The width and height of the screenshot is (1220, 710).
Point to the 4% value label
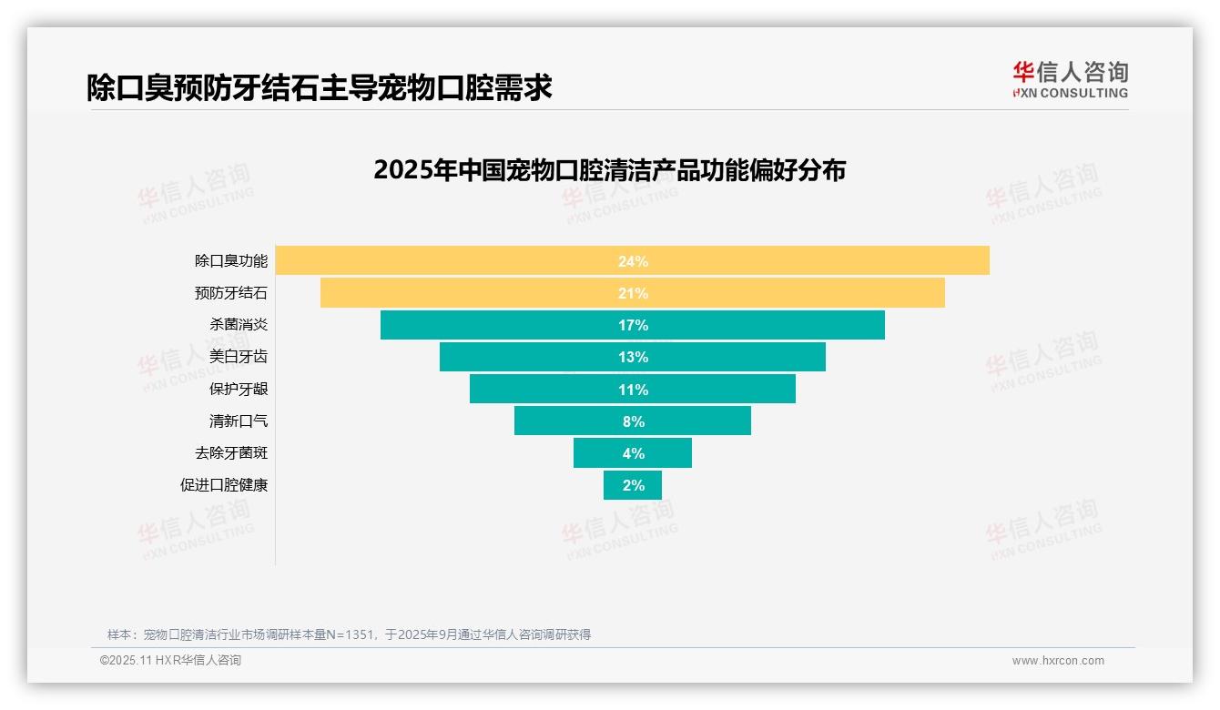(x=633, y=453)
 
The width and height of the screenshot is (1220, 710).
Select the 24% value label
(x=633, y=261)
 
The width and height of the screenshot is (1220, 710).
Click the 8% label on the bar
(x=633, y=421)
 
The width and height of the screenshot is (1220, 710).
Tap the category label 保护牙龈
(x=239, y=389)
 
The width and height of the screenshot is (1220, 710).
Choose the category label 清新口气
(x=239, y=421)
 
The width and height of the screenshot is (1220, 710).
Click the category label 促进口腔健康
(x=224, y=485)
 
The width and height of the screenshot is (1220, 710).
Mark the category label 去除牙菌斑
(x=231, y=452)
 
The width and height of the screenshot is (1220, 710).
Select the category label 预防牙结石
(x=231, y=293)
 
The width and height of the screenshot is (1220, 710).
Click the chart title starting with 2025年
(x=609, y=170)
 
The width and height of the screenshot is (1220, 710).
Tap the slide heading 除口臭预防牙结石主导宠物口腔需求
(x=320, y=87)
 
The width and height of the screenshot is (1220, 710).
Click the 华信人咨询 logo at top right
(x=1070, y=79)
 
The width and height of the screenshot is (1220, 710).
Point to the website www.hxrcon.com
(x=1058, y=661)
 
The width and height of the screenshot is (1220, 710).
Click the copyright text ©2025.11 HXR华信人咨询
(x=170, y=661)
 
